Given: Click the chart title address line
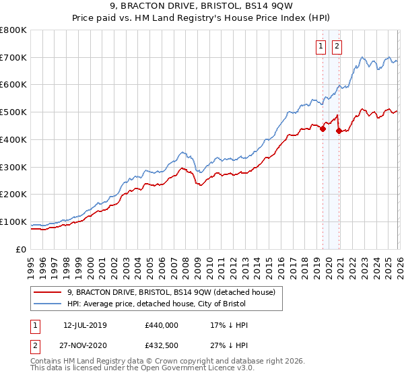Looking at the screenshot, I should pos(201,8).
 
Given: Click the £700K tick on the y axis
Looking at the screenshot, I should pos(13,57).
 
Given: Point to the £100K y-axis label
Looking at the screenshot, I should pos(13,221).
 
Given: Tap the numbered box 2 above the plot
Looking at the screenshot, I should pos(337,46).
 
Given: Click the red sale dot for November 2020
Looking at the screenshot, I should pos(339,131).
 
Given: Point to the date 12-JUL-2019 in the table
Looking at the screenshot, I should pos(89,325).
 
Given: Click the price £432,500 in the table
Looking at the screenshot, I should pos(162,345).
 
